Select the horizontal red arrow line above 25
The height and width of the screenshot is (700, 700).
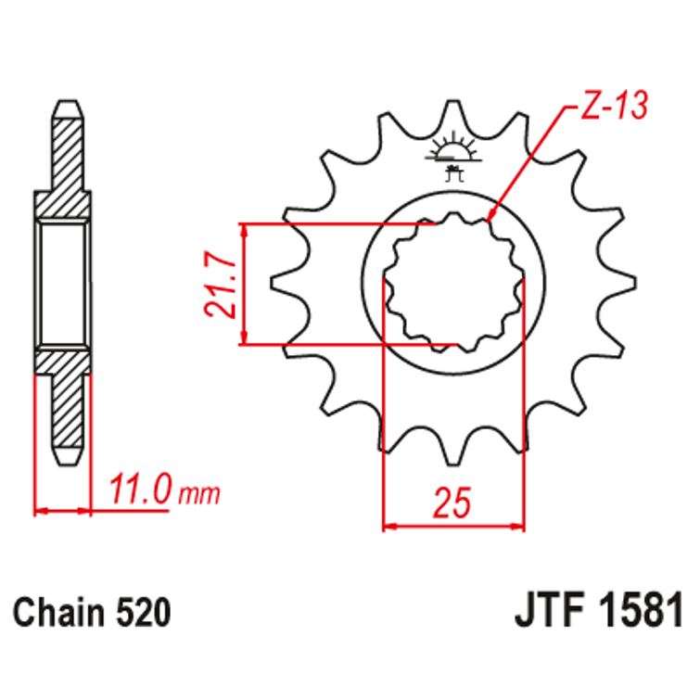pyautogui.click(x=453, y=527)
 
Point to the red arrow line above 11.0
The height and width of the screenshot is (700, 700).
pyautogui.click(x=63, y=509)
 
